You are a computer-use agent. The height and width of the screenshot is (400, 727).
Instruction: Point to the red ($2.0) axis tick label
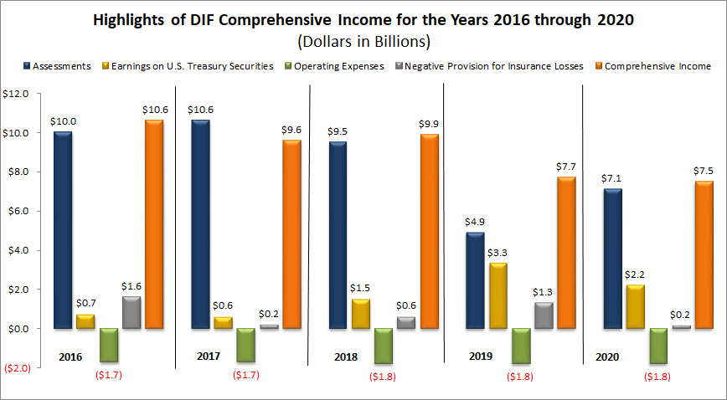[x=18, y=368]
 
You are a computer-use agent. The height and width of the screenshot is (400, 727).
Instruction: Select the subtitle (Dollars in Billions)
[x=363, y=41]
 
